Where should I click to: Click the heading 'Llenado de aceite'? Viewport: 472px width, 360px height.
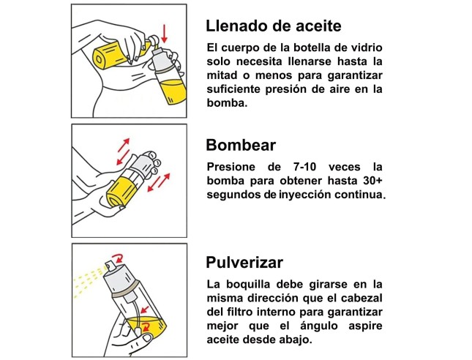tap(274, 26)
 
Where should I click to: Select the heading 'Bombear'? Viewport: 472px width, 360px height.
tap(241, 145)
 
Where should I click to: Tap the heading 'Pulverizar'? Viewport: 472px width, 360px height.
tap(244, 262)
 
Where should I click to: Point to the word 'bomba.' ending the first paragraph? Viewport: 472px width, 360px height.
tap(228, 103)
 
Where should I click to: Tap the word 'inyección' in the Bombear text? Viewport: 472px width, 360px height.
tap(305, 195)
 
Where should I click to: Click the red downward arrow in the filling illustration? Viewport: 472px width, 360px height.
tap(164, 34)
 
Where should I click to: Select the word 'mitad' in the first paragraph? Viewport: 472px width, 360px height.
tap(222, 75)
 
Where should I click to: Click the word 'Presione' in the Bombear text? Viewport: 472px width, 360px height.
tap(231, 167)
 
